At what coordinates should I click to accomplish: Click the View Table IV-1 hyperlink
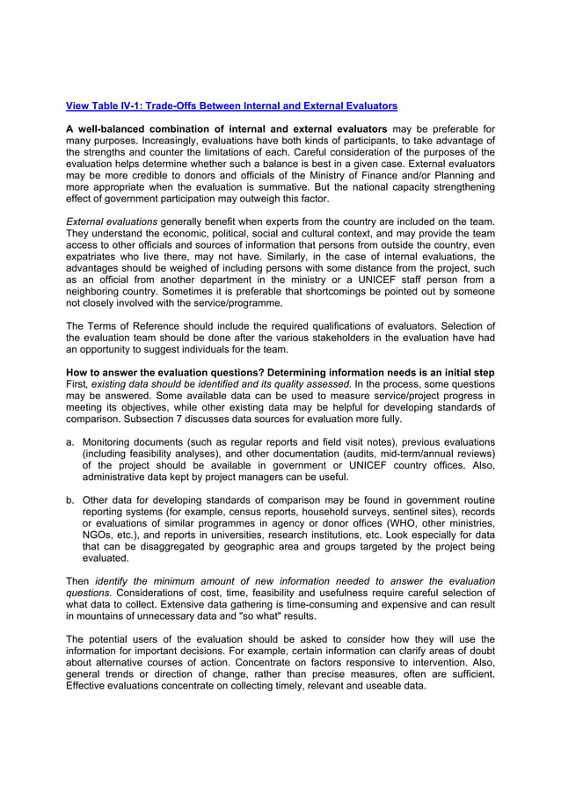pyautogui.click(x=231, y=106)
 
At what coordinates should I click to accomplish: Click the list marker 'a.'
pyautogui.click(x=71, y=442)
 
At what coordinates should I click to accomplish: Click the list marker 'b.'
pyautogui.click(x=71, y=500)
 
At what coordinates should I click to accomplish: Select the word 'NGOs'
pyautogui.click(x=98, y=535)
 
